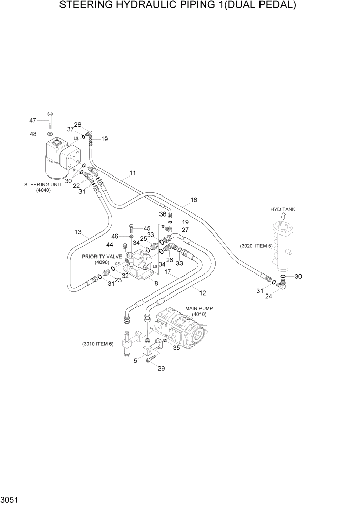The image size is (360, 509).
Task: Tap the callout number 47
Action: [33, 120]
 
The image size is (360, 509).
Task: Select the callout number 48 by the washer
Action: [33, 134]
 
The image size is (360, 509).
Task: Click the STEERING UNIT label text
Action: [42, 184]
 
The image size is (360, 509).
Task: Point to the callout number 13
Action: [77, 232]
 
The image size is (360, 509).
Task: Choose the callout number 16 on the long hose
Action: [194, 200]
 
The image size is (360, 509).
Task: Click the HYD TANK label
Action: [283, 209]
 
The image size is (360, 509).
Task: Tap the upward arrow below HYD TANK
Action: [283, 217]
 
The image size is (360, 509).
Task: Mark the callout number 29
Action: [161, 369]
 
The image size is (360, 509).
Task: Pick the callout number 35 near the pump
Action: [177, 347]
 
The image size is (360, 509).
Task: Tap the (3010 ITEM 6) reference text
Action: [97, 344]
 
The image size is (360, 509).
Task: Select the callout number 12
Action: [203, 293]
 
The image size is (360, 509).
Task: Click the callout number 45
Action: [147, 229]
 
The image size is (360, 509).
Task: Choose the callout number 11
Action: [132, 173]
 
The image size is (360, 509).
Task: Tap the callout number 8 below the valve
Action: [156, 283]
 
